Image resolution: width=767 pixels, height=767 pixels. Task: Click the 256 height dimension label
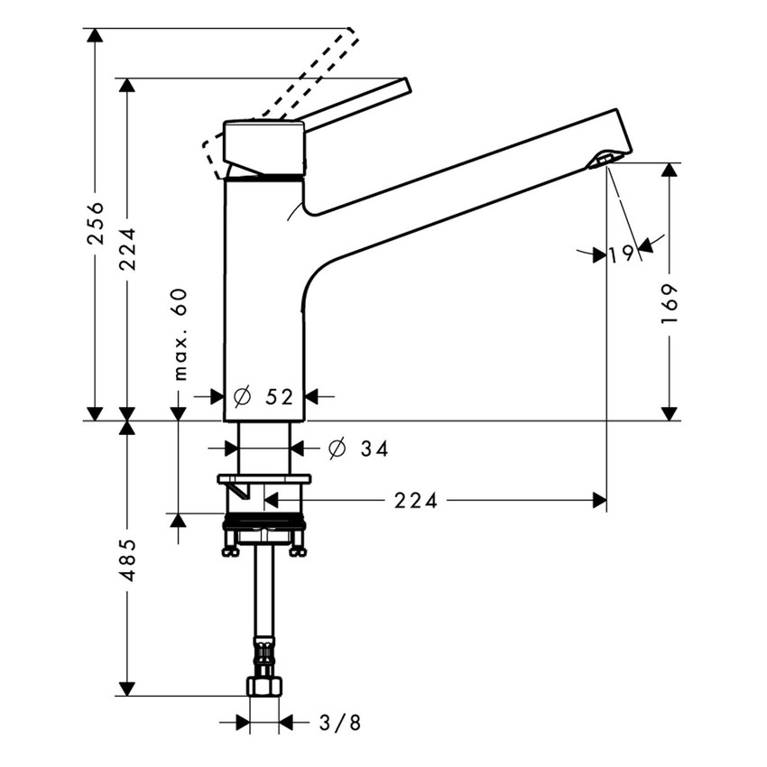96,223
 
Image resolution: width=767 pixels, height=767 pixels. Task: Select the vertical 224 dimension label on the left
127,248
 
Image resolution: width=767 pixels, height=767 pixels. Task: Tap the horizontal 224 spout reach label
415,500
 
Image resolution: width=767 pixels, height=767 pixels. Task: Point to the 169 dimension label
669,306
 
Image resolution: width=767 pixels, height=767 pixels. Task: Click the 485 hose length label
127,559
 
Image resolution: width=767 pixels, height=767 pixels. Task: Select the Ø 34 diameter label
358,448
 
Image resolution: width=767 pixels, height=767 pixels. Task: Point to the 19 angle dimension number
621,255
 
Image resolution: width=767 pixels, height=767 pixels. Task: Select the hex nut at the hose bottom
263,687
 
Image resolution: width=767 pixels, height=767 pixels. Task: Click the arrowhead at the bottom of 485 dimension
127,688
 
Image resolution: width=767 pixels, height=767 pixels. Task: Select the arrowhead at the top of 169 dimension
669,171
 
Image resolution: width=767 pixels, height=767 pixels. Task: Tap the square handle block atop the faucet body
263,146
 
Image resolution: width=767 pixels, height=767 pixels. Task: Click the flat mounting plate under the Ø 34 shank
264,478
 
